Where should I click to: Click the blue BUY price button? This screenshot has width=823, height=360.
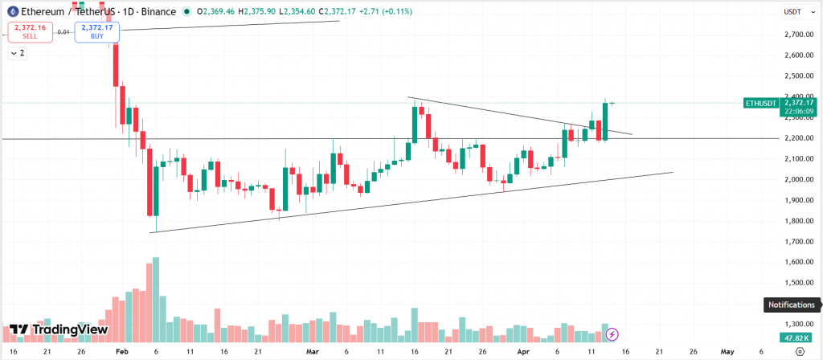96,32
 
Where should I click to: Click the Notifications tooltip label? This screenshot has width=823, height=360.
792,305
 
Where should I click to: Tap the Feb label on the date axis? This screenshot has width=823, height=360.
121,352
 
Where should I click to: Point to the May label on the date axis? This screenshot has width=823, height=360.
727,352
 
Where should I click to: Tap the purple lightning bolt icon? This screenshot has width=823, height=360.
612,333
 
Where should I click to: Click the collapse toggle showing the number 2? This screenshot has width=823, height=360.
17,53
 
